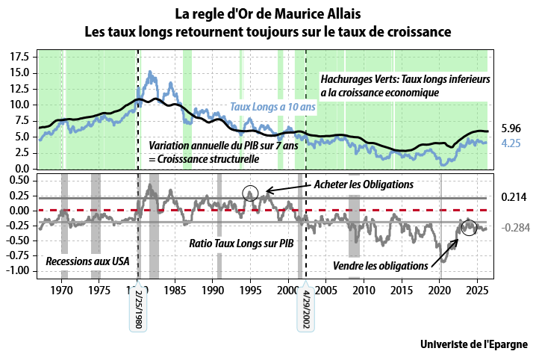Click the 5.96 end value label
[511, 128]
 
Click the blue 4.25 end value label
[511, 141]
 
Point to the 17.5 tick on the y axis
[20, 57]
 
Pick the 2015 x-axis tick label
[402, 288]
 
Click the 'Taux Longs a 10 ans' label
[272, 107]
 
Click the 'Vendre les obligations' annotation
[380, 265]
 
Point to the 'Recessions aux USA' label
[87, 261]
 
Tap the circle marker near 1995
[251, 193]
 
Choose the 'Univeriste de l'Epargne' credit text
[473, 344]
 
